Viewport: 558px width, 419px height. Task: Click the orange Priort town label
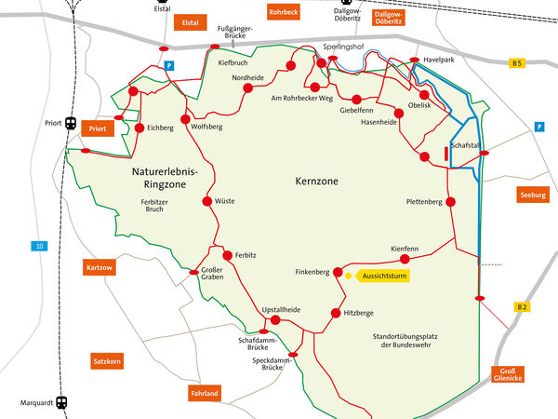coord(96,128)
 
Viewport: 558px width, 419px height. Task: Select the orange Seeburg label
coord(533,195)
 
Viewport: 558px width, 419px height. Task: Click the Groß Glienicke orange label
coord(507,374)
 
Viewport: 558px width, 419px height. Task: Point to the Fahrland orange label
coord(205,393)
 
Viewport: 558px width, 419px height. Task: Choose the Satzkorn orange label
coord(107,359)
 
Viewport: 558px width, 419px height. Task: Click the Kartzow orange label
coord(99,268)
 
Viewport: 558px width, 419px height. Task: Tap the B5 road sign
coord(517,62)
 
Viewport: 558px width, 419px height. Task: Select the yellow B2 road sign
coord(522,306)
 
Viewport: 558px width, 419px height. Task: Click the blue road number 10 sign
coord(38,246)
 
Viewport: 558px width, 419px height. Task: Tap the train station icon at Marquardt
coord(61,403)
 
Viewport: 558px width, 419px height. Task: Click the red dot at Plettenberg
coord(451,201)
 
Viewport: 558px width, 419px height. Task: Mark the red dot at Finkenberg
coord(339,272)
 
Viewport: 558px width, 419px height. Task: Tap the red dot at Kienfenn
coord(405,259)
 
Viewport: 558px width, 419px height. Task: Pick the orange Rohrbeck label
coord(282,12)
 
